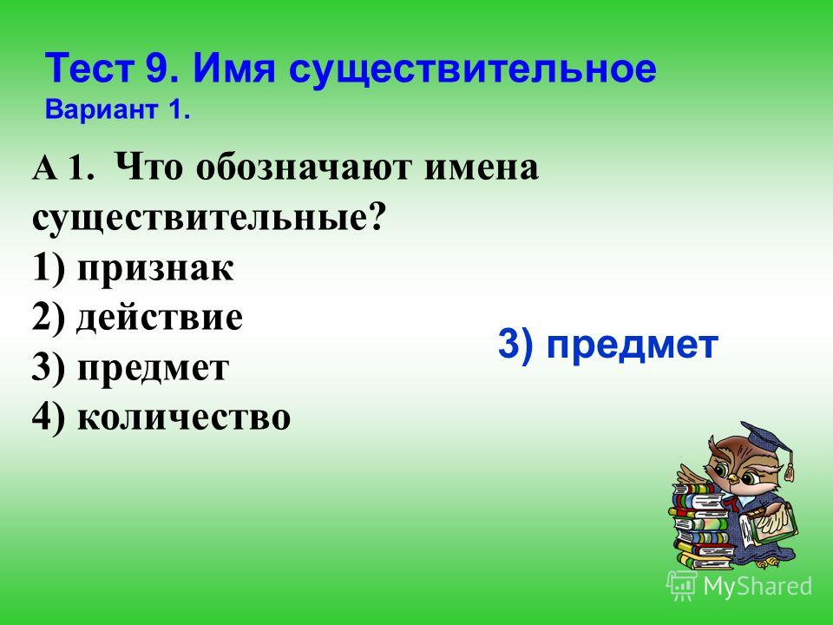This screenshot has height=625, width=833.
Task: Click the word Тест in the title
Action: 89,68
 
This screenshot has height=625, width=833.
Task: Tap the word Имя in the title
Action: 233,68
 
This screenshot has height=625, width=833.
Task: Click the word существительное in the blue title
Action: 473,69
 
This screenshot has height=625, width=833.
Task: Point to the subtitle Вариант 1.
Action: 117,109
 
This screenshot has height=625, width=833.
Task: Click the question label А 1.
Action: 63,169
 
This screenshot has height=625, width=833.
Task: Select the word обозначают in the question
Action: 305,167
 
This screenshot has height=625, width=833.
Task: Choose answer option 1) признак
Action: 133,268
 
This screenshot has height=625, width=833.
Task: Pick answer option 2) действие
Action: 138,318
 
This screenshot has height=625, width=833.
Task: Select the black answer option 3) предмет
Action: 131,367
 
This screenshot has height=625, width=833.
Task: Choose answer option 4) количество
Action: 161,416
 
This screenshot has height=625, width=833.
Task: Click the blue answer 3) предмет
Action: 608,345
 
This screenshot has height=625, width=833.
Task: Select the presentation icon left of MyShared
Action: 682,586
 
